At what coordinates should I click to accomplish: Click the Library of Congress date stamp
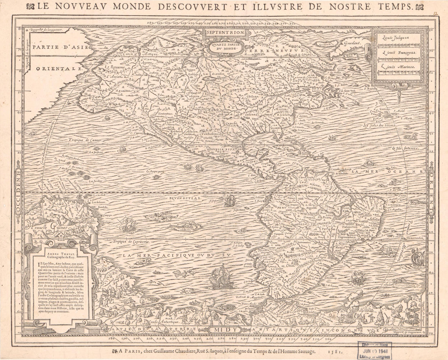(375, 350)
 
